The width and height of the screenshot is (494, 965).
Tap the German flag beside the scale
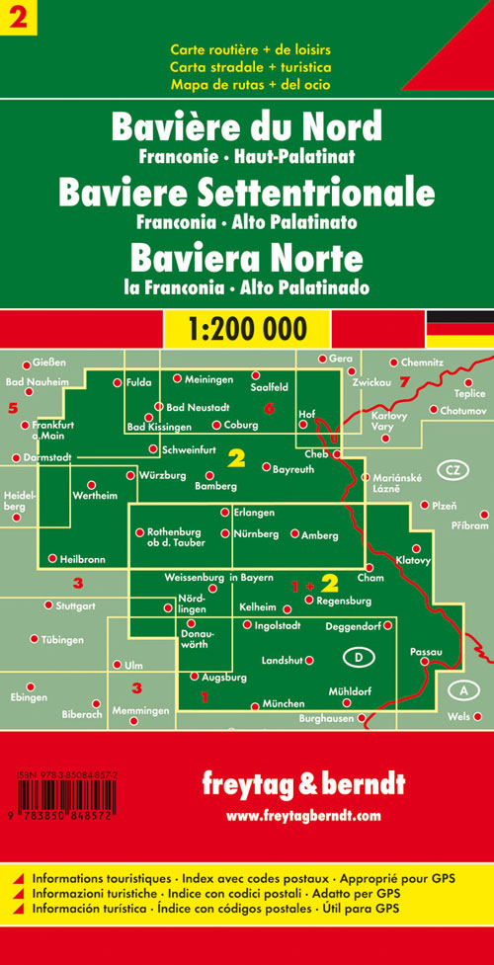click(459, 326)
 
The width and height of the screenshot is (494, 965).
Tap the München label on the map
click(282, 705)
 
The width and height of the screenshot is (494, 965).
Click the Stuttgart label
click(75, 604)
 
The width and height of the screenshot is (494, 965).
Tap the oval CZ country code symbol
click(452, 469)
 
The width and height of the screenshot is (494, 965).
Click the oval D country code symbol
click(357, 657)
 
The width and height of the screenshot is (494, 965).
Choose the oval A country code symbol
click(460, 688)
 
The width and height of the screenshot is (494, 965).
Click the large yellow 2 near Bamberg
click(236, 456)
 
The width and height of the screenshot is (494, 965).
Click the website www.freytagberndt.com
click(302, 816)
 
